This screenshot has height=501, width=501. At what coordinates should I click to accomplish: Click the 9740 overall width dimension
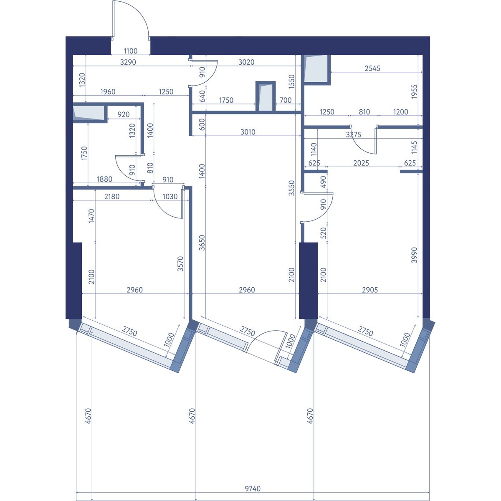253,488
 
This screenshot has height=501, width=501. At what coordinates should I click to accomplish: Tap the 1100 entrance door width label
131,51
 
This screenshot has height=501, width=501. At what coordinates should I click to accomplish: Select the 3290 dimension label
128,62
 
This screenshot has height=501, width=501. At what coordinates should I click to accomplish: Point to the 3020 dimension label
246,62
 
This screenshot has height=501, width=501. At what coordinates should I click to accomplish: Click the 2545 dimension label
372,68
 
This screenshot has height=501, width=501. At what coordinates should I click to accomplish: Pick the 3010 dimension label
248,132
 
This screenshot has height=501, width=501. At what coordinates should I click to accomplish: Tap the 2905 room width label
370,290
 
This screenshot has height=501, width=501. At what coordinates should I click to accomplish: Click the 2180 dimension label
112,197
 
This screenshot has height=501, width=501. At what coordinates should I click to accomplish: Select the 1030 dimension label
170,197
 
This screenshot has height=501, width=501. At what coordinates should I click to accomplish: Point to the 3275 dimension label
354,135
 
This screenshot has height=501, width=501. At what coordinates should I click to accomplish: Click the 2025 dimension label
361,163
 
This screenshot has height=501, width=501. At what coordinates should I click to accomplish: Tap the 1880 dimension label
104,179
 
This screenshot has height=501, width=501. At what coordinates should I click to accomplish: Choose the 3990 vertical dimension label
414,255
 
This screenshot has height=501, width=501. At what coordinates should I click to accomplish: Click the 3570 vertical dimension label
180,264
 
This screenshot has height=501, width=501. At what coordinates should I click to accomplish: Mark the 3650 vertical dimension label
202,243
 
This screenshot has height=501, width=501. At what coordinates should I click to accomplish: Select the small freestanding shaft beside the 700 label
266,96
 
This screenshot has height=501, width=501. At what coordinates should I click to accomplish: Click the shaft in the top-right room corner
316,70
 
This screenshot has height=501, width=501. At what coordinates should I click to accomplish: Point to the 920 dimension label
123,114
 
